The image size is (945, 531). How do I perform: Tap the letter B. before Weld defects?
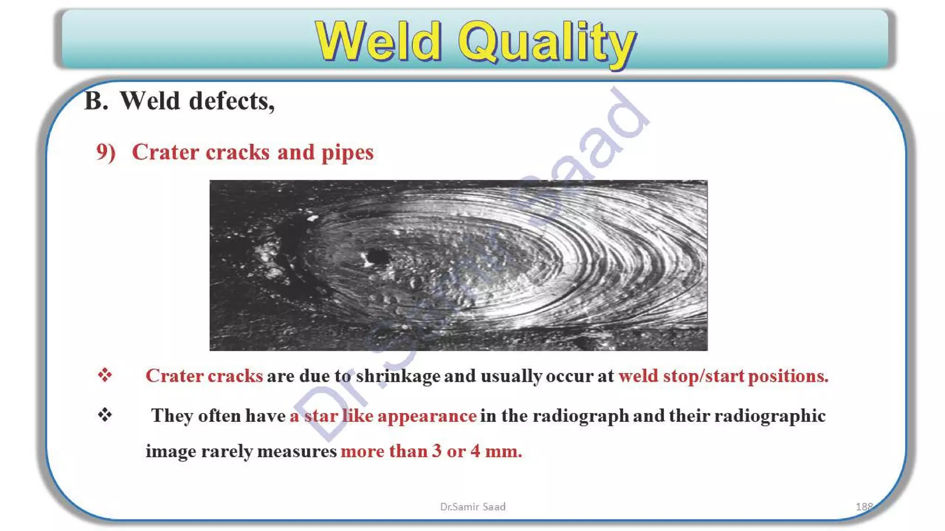tap(96, 101)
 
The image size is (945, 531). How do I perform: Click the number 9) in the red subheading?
tap(106, 152)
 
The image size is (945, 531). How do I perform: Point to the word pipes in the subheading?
tap(347, 153)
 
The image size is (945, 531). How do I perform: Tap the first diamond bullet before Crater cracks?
tap(105, 375)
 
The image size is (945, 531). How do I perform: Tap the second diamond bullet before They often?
tap(105, 415)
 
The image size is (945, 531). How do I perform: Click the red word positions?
tap(788, 376)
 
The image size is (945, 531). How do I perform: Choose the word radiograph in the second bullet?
tap(581, 416)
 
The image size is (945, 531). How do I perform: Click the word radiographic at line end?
tap(770, 416)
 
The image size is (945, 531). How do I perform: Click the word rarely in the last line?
tap(227, 451)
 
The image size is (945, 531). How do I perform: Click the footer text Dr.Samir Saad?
tap(472, 507)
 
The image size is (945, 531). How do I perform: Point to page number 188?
tap(864, 507)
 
